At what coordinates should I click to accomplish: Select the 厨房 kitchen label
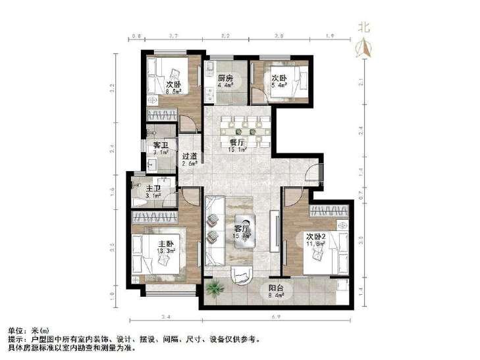[225, 79]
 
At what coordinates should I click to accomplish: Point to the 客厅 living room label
[242, 228]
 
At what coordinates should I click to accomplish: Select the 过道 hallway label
[190, 157]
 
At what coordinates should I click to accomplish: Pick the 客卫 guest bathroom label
[160, 144]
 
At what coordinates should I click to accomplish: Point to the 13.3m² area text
[165, 251]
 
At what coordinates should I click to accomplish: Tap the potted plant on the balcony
[214, 287]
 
